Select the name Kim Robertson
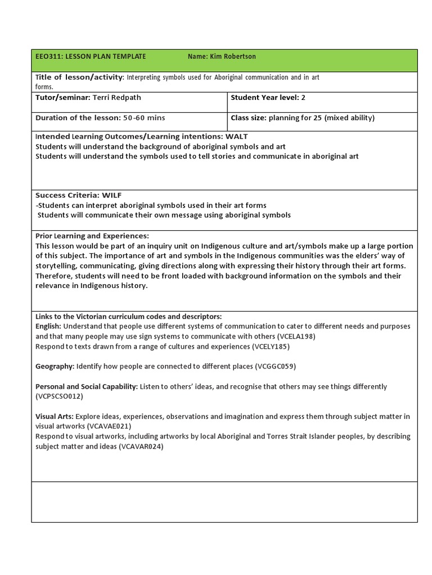pos(233,56)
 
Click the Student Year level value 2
pos(303,98)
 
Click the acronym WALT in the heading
pos(237,136)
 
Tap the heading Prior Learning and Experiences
pos(92,236)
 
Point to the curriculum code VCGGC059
pos(275,366)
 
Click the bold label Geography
pos(54,366)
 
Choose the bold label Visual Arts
pos(54,417)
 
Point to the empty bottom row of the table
pos(224,501)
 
